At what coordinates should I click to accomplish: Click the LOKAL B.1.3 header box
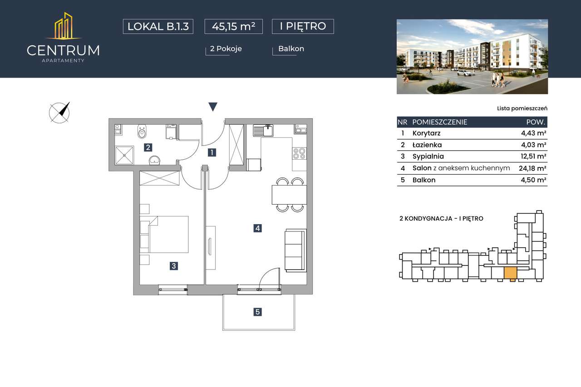pyautogui.click(x=158, y=26)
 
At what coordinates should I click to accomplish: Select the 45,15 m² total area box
pyautogui.click(x=233, y=26)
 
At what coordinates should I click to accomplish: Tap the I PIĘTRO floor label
pyautogui.click(x=303, y=26)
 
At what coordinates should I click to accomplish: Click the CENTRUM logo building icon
pyautogui.click(x=64, y=26)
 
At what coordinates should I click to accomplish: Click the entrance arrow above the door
pyautogui.click(x=213, y=107)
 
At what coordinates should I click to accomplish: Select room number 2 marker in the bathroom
pyautogui.click(x=148, y=147)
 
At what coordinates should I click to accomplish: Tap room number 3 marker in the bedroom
pyautogui.click(x=174, y=266)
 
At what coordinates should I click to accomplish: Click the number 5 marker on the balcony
pyautogui.click(x=257, y=312)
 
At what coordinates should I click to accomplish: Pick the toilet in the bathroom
pyautogui.click(x=142, y=132)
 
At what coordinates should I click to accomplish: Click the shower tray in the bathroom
pyautogui.click(x=124, y=155)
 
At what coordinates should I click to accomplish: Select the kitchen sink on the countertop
pyautogui.click(x=263, y=130)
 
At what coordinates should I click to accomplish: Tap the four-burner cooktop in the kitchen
pyautogui.click(x=299, y=153)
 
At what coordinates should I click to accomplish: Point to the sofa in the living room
pyautogui.click(x=295, y=250)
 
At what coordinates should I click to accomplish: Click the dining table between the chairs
pyautogui.click(x=289, y=195)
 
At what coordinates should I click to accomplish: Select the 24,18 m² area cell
pyautogui.click(x=532, y=168)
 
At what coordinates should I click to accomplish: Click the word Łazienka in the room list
pyautogui.click(x=427, y=145)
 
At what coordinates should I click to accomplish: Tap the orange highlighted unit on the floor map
pyautogui.click(x=511, y=273)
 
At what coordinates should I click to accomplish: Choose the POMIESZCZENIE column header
pyautogui.click(x=440, y=122)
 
